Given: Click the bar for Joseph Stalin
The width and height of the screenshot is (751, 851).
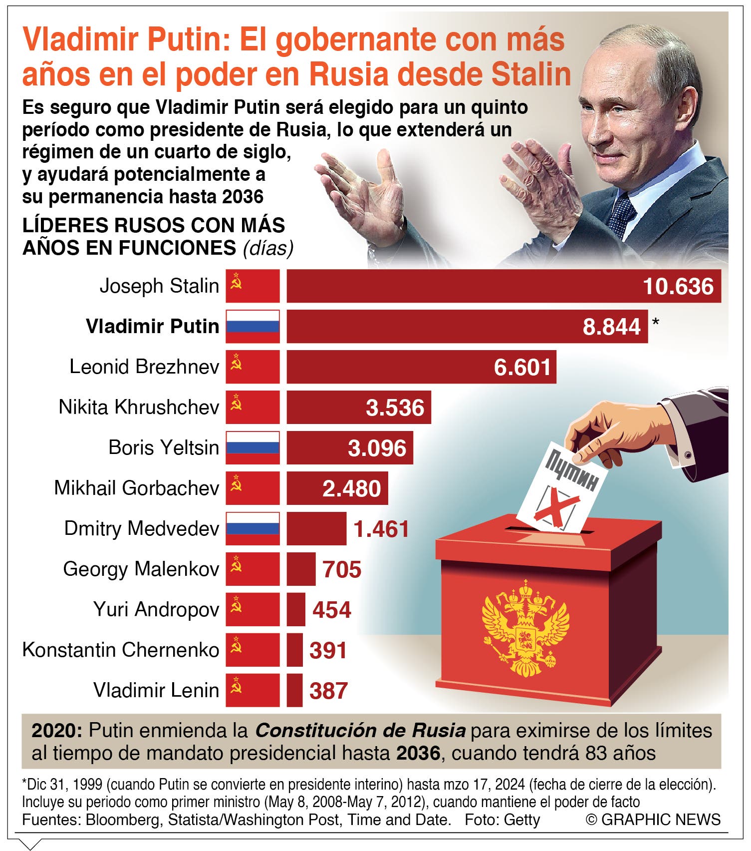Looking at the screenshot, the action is (x=503, y=286).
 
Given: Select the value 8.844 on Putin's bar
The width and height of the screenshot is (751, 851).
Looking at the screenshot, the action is (x=612, y=327).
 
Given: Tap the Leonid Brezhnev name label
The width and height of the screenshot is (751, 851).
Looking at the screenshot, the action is (x=144, y=367).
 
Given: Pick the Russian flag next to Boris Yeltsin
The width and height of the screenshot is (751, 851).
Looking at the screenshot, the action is (x=252, y=448).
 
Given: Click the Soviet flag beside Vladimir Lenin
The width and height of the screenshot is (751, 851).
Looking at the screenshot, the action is (x=252, y=691).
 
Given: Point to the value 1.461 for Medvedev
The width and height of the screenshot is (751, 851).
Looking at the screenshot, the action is (x=381, y=529).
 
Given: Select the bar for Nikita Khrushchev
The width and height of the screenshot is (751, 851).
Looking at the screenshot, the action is (x=359, y=408).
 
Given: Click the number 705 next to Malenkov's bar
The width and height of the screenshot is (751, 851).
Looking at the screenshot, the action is (x=342, y=569).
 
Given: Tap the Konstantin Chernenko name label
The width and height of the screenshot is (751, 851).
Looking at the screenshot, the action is (x=121, y=650).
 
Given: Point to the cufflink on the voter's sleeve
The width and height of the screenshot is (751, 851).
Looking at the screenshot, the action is (x=688, y=455).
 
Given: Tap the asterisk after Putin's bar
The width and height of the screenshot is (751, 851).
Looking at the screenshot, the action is (x=655, y=322).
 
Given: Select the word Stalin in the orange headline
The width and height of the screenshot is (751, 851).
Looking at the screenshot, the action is (x=531, y=74).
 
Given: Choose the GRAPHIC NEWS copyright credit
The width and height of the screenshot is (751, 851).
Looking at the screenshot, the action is (x=654, y=820).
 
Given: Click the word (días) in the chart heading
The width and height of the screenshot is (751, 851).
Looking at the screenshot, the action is (x=268, y=248).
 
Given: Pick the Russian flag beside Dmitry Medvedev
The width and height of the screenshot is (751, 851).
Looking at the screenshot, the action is (x=252, y=529).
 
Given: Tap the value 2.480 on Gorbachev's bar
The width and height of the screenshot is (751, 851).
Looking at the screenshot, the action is (x=352, y=488).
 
